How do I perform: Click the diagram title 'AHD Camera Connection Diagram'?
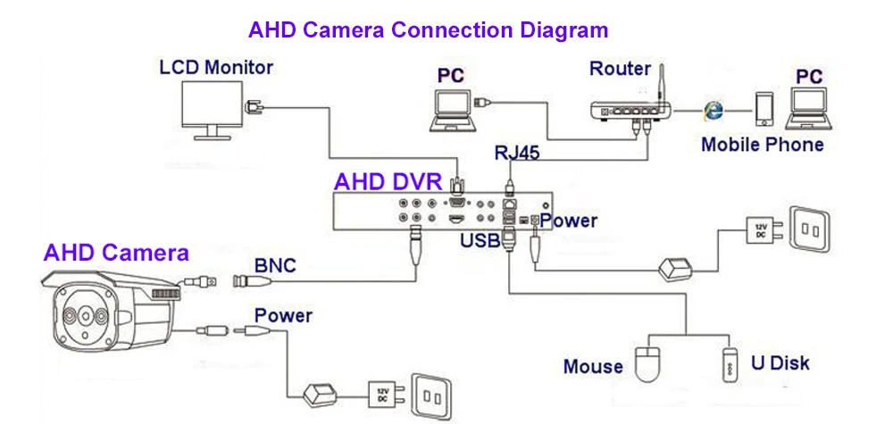(429, 29)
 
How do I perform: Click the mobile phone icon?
(763, 109)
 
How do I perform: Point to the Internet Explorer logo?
(713, 110)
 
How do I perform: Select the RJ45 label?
(518, 153)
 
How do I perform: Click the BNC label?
(275, 265)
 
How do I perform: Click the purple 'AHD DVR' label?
(388, 182)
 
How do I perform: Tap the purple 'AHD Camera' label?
(116, 253)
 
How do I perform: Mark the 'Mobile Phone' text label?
(762, 145)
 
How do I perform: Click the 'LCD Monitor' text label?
(216, 67)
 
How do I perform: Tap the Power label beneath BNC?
(283, 315)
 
